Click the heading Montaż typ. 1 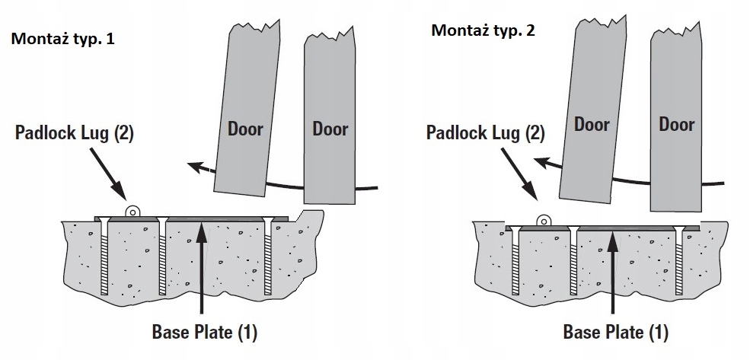63,39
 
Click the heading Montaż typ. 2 483,30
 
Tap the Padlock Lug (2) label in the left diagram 75,132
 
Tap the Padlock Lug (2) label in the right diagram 486,132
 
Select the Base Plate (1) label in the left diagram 205,331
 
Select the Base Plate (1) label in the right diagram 615,331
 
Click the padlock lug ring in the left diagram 132,211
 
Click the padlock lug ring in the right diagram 544,221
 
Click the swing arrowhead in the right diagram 541,163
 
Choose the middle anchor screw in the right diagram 573,260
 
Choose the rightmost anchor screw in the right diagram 679,260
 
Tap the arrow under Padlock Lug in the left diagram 107,173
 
